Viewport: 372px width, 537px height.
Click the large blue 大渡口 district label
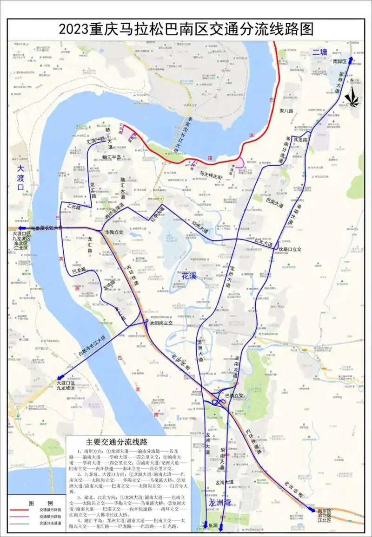pos(20,177)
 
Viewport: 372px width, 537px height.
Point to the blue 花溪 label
pos(189,276)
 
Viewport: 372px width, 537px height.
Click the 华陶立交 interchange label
pos(114,232)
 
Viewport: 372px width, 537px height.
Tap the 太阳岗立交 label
pos(160,323)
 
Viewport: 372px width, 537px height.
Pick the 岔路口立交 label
pos(290,249)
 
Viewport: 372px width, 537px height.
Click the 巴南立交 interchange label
pos(234,396)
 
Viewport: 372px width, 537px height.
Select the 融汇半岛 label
pos(112,157)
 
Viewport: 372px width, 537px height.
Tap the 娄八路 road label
pos(286,111)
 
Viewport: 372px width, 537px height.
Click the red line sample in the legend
pos(22,512)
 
